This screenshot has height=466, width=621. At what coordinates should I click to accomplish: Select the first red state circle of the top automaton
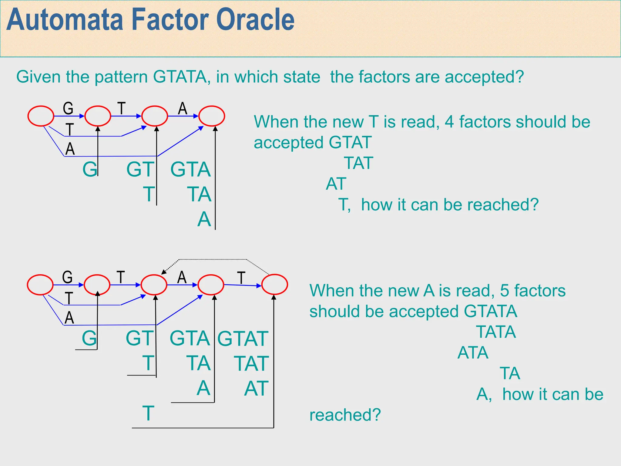(41, 116)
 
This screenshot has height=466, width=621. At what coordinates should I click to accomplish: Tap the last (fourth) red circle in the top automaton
(212, 116)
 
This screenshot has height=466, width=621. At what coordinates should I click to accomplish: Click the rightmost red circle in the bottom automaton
(274, 285)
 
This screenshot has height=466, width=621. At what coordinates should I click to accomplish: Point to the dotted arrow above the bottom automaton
(212, 259)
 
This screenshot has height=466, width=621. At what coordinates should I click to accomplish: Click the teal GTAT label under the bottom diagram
(243, 339)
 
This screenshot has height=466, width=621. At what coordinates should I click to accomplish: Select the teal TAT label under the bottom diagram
(251, 363)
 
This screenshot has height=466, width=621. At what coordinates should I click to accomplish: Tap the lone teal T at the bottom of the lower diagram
(148, 413)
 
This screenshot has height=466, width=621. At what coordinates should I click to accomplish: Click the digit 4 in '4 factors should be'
(449, 122)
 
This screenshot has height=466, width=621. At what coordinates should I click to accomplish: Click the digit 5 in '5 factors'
(504, 291)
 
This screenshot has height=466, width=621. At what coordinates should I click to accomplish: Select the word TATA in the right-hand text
(496, 332)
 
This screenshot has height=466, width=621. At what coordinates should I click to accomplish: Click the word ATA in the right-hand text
(473, 353)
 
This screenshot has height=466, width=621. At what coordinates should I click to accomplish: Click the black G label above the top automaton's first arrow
(68, 108)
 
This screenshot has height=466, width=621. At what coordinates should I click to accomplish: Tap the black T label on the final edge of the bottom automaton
(241, 278)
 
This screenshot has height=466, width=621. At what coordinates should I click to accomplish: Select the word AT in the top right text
(336, 184)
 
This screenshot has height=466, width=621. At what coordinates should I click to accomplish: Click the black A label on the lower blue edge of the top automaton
(70, 149)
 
